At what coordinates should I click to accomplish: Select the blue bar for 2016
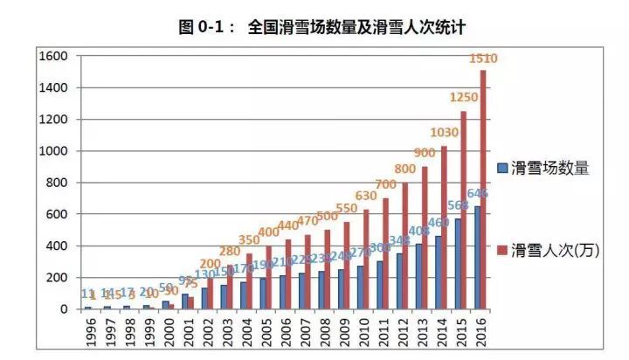point(477,258)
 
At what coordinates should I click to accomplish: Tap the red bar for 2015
point(463,210)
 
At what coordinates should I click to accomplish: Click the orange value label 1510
point(483,59)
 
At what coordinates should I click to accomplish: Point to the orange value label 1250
point(463,97)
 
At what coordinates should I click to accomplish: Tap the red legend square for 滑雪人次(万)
point(502,247)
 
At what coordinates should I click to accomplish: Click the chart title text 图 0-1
point(205,27)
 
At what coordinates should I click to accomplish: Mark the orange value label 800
point(404,169)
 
